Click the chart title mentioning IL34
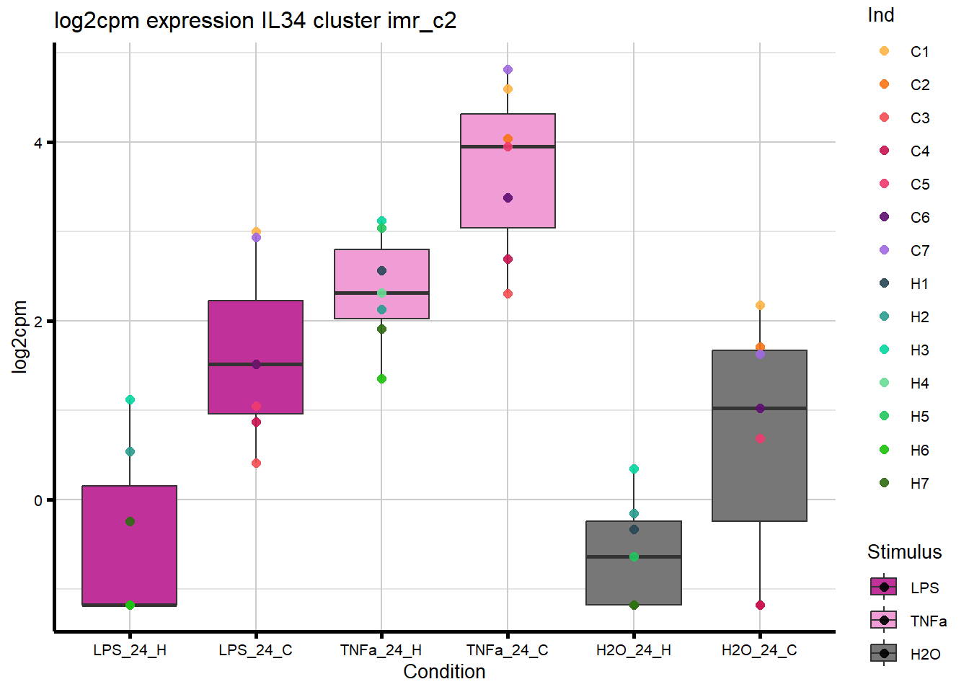[x=255, y=20]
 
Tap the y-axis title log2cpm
[x=19, y=337]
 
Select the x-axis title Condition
[x=444, y=672]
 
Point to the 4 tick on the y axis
[x=38, y=143]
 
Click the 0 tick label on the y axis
[x=38, y=500]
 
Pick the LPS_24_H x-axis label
[x=130, y=650]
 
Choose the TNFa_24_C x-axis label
[x=508, y=650]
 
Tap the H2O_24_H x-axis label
[x=634, y=650]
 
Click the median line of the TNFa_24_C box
[x=508, y=146]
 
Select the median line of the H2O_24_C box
[x=759, y=408]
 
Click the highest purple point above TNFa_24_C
[x=508, y=70]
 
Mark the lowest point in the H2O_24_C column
[x=760, y=605]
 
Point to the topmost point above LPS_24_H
[x=130, y=399]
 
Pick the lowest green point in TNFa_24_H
[x=381, y=378]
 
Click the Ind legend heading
[x=880, y=15]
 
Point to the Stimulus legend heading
[x=904, y=552]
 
